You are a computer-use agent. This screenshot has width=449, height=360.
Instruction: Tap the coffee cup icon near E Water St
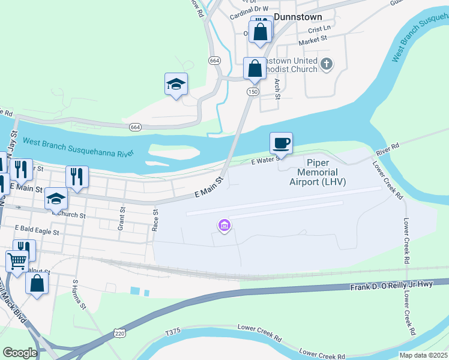(x=281, y=143)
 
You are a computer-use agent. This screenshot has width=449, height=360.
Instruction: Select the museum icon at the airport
(x=224, y=226)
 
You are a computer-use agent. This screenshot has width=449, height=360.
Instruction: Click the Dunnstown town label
(x=298, y=17)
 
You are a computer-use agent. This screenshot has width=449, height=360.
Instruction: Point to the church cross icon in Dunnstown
(x=327, y=64)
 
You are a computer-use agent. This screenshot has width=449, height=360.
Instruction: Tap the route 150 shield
(x=253, y=91)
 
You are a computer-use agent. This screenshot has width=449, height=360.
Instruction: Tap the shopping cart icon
(x=17, y=261)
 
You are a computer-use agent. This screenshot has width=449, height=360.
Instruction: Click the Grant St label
(x=121, y=220)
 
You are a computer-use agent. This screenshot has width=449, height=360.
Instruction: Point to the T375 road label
(x=173, y=331)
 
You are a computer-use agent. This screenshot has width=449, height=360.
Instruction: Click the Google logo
(x=20, y=353)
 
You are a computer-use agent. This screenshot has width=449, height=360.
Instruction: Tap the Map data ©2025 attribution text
(x=423, y=355)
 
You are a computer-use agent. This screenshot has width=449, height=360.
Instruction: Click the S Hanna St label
(x=80, y=294)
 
